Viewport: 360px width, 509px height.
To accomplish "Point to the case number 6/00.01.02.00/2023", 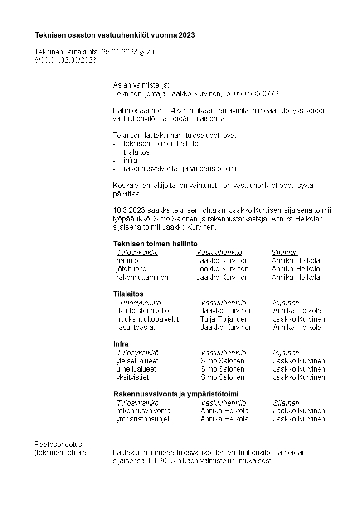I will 66,60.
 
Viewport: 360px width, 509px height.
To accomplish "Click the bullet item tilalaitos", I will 136,152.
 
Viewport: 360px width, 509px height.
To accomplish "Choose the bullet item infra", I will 130,161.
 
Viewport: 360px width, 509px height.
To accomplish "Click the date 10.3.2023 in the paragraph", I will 129,210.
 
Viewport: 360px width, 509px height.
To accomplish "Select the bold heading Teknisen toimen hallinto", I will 156,244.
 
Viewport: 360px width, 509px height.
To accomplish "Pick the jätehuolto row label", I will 131,269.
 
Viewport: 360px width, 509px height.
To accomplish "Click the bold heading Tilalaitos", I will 128,294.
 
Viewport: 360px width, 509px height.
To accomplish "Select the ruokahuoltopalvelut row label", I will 149,319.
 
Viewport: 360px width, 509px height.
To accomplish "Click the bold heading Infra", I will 121,344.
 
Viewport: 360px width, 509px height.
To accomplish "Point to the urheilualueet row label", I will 136,369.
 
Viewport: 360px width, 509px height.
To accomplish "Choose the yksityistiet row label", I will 132,377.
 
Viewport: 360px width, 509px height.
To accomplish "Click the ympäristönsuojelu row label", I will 145,419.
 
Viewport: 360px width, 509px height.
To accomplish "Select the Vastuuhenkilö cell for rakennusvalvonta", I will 224,411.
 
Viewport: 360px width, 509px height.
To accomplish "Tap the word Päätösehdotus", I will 58,444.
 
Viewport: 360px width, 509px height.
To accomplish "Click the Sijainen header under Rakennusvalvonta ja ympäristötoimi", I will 286,403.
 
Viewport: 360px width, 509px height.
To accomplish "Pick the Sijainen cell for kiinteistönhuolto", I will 297,311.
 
